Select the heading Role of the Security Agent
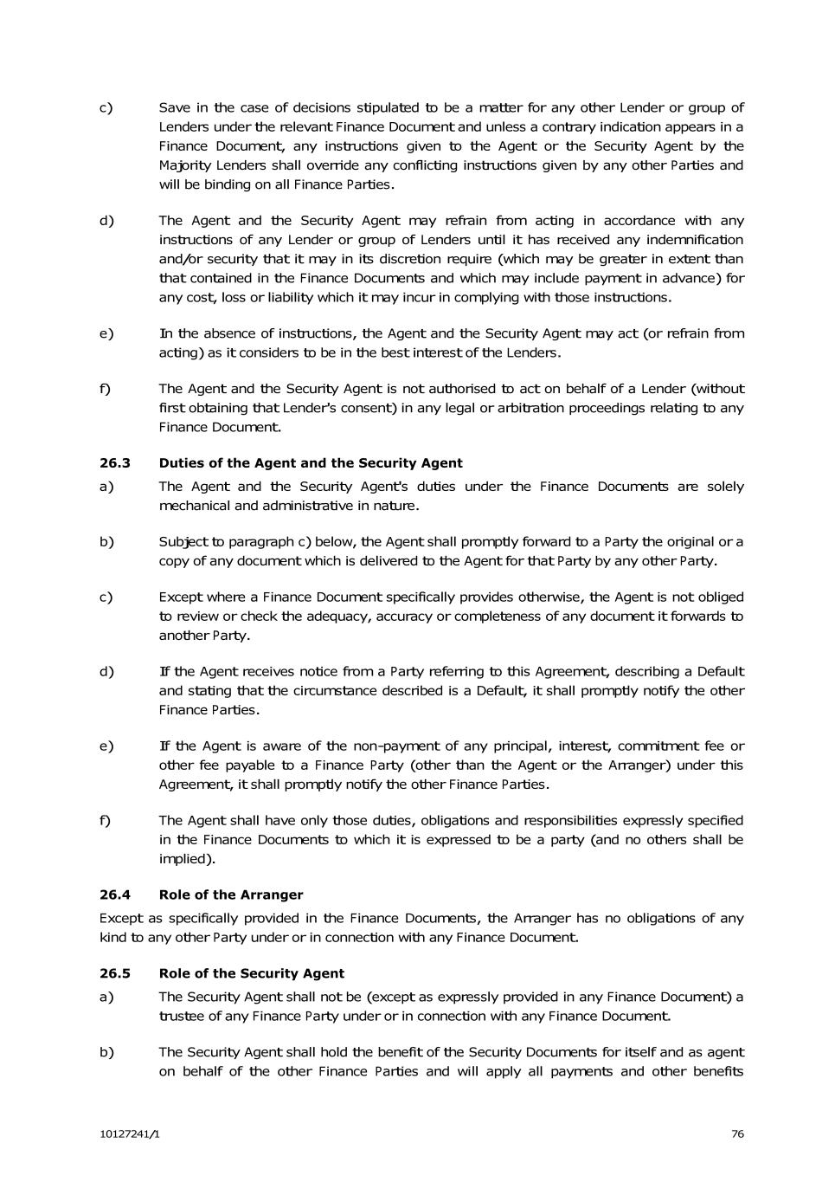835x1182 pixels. point(252,973)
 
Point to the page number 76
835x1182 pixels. point(737,1134)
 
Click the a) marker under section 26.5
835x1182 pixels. point(106,997)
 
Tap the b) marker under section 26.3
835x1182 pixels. point(106,542)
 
